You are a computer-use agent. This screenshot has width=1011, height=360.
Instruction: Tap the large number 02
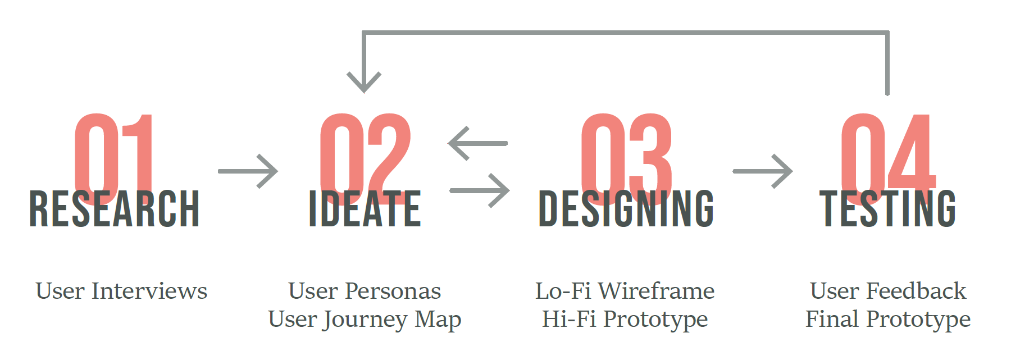tap(365, 159)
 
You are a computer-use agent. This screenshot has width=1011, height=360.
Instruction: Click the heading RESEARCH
tap(115, 209)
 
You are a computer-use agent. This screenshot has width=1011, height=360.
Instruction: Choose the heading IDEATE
tap(365, 209)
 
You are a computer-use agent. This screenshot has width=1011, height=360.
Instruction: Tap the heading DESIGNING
tap(626, 209)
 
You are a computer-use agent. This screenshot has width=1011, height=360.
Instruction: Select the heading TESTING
tap(888, 209)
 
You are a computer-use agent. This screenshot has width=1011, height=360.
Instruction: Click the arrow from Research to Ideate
tap(248, 171)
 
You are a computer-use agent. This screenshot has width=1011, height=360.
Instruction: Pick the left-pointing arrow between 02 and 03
tap(477, 143)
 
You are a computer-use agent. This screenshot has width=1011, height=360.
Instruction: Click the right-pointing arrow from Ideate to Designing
tap(480, 190)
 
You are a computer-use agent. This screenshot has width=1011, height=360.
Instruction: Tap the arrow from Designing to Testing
tap(763, 171)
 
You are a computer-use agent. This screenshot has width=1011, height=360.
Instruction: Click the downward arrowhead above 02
tap(364, 83)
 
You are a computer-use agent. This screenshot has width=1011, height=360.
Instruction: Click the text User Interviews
tap(121, 291)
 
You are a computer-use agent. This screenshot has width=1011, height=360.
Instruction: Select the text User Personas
tap(365, 291)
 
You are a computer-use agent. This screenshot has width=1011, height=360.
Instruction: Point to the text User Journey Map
tap(365, 320)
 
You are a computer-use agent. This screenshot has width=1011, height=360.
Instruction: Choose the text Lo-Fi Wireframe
tap(625, 291)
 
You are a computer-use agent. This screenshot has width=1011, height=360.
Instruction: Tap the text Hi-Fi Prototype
tap(625, 320)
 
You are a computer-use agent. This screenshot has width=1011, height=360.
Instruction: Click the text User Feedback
tap(888, 291)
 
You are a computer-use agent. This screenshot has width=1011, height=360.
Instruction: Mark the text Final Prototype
tap(888, 320)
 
